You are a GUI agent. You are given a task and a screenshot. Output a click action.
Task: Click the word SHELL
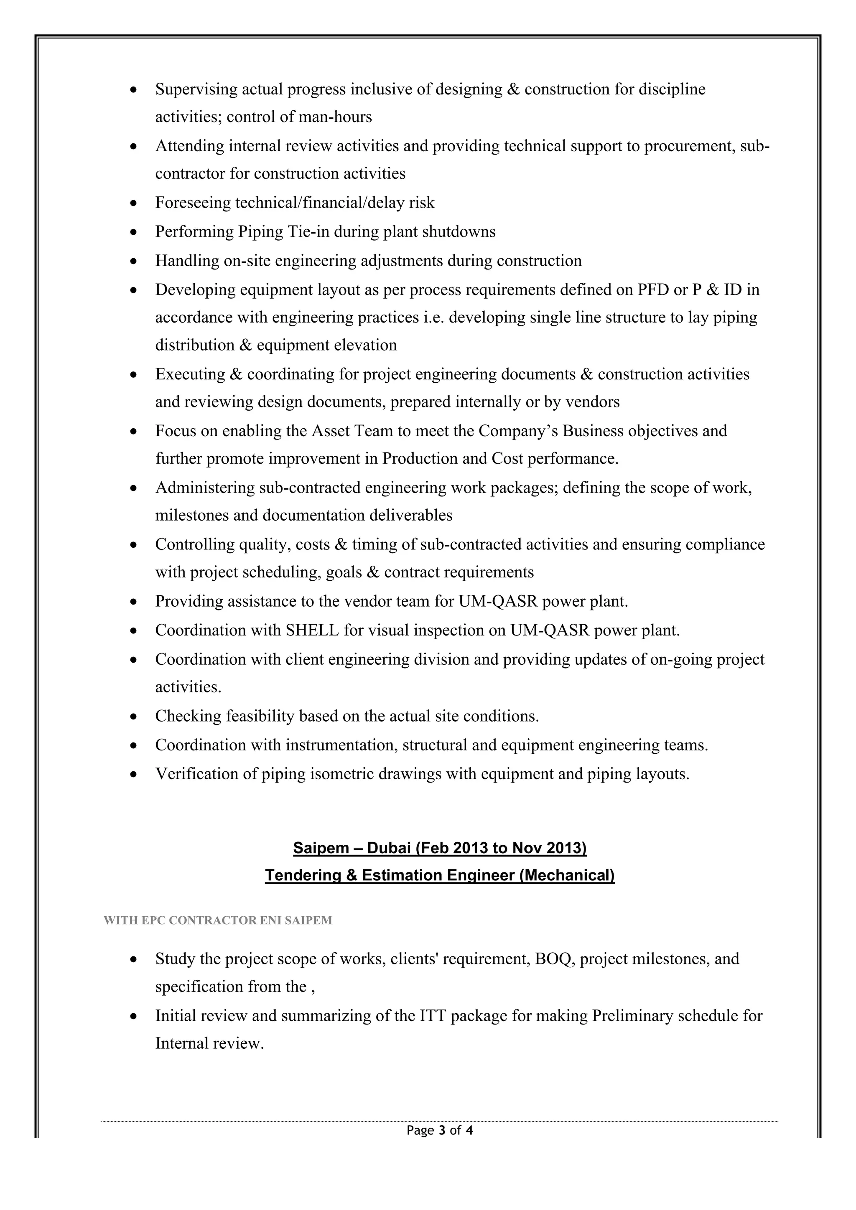[x=312, y=630]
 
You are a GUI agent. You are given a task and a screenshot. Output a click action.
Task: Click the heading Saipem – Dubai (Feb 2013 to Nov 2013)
[x=440, y=848]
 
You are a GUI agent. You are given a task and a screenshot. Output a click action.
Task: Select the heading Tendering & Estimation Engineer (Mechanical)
[x=440, y=875]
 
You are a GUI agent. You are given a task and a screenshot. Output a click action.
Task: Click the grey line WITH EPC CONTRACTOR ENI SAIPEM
[x=218, y=921]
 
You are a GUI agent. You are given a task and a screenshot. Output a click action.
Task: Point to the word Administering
[x=204, y=488]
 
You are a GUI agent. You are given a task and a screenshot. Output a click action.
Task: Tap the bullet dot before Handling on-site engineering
[x=135, y=262]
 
